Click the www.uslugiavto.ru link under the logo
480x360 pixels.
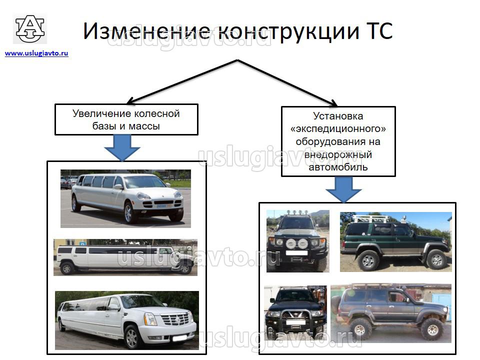(x=36, y=53)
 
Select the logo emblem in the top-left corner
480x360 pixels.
(x=30, y=29)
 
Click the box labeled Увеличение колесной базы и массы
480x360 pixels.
(x=126, y=119)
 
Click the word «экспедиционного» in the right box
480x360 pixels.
(x=338, y=129)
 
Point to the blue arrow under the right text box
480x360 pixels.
(x=343, y=189)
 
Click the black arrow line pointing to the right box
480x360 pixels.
(x=290, y=82)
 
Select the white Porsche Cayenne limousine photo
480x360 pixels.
(x=125, y=198)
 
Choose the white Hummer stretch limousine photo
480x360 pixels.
(x=125, y=257)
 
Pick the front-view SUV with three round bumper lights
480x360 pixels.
(x=297, y=241)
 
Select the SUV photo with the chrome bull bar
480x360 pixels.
(x=295, y=313)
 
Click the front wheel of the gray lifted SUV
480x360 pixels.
(x=431, y=329)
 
